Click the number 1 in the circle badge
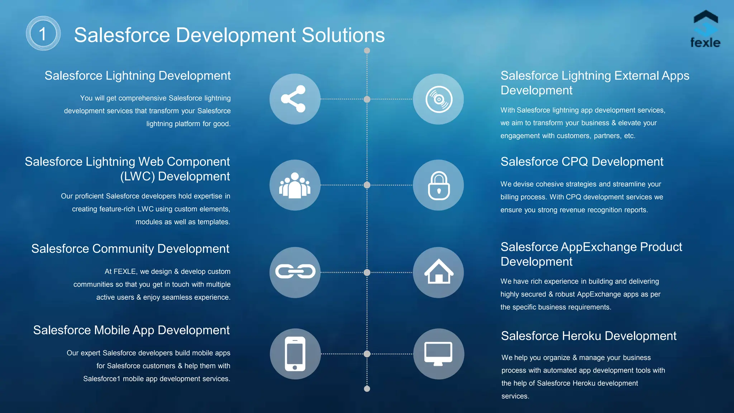tap(43, 34)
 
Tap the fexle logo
tap(705, 29)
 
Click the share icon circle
tap(295, 99)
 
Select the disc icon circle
tap(438, 99)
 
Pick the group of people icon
tap(295, 185)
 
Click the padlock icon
tap(438, 185)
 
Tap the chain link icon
tap(295, 272)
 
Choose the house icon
tap(438, 272)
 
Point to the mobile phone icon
tap(295, 353)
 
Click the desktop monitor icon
tap(438, 353)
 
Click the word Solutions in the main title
tap(343, 35)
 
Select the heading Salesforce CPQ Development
tap(582, 162)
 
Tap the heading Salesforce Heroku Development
tap(588, 336)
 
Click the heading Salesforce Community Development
tap(130, 249)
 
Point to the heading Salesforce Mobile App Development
tap(131, 330)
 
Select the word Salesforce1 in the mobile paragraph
tap(101, 379)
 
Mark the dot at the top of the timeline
tap(367, 51)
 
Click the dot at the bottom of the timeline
tap(367, 389)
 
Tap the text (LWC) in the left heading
tap(137, 176)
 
